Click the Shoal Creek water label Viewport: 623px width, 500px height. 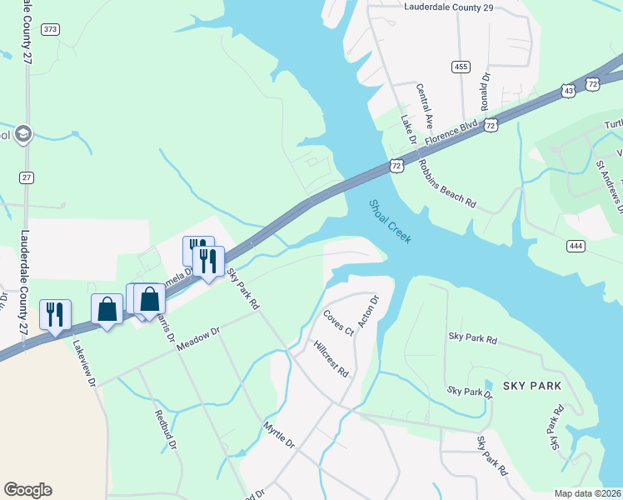coord(390,221)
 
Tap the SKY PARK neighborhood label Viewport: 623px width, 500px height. coord(532,386)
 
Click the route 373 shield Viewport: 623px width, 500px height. coord(51,29)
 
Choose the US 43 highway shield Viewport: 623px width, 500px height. coord(568,89)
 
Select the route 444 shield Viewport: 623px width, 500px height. coord(576,245)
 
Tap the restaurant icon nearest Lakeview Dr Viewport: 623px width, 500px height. coord(55,314)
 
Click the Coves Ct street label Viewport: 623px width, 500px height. coord(338,322)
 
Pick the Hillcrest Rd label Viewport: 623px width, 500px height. coord(331,358)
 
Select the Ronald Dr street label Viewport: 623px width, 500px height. coord(486,91)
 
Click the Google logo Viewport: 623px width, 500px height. coord(27,490)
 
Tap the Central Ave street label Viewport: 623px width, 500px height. coord(426,103)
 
